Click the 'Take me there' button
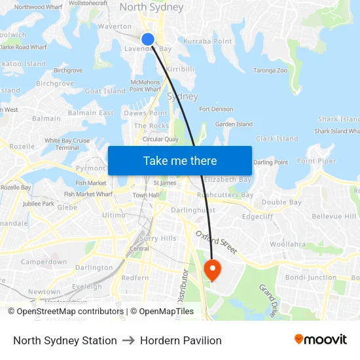click(180, 161)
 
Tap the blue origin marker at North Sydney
click(148, 39)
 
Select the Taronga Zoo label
click(270, 70)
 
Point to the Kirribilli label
click(181, 69)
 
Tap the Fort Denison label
click(216, 109)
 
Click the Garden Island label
click(234, 124)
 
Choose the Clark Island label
click(276, 139)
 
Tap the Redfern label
click(135, 278)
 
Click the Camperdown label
click(44, 262)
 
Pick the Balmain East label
click(90, 113)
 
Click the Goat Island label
click(105, 91)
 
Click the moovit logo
click(320, 340)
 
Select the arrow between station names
click(128, 340)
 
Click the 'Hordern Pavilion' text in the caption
click(181, 340)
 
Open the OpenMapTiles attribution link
click(162, 312)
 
